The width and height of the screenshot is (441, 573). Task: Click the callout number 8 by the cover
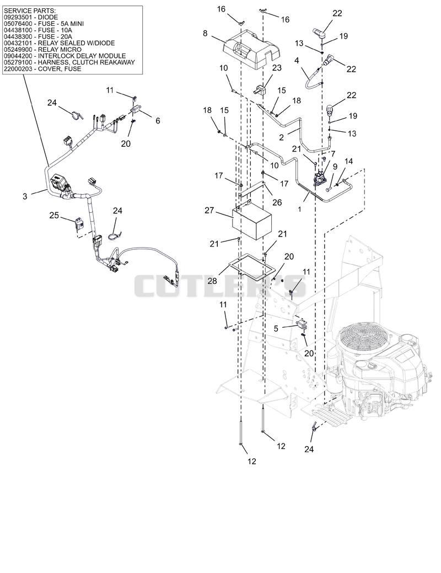pos(205,33)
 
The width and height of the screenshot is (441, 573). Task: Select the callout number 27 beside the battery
pos(209,211)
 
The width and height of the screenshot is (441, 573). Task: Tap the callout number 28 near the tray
pos(212,281)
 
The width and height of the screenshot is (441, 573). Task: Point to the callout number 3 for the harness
pos(25,196)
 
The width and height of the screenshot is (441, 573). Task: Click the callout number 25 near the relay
pos(54,216)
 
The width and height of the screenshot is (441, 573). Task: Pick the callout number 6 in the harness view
pos(158,121)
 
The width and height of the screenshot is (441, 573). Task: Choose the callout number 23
pos(277,68)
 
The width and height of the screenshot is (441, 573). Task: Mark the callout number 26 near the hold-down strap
pos(277,202)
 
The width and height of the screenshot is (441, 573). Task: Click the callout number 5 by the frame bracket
pos(276,328)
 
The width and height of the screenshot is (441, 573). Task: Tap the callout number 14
pos(348,161)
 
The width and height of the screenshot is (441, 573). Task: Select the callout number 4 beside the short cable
pos(297,60)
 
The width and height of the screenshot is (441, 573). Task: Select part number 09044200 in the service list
pos(17,56)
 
